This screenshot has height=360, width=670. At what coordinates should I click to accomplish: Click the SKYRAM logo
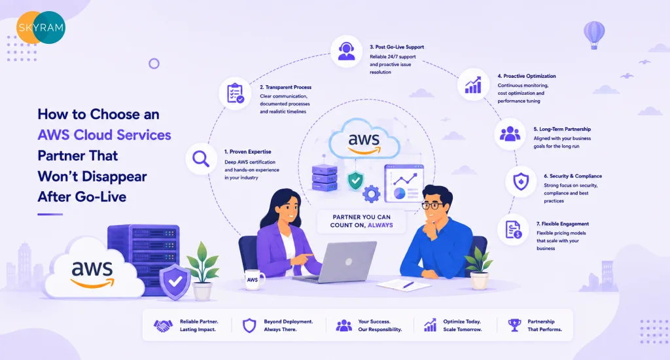coord(41,27)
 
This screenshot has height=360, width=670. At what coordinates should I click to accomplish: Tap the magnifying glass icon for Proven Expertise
coord(201,158)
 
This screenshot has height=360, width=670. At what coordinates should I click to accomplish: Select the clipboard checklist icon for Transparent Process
coord(235,93)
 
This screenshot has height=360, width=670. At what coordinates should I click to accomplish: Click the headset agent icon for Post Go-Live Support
coord(346,51)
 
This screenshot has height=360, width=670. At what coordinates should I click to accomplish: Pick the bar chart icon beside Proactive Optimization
coord(473,84)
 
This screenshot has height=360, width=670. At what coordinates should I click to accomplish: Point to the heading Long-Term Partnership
coord(562,129)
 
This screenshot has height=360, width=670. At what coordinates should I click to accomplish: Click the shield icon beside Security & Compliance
coord(520,182)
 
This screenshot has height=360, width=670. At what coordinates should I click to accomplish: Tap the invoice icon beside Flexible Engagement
coord(513,230)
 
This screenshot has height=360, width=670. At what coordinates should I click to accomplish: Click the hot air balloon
coord(594,35)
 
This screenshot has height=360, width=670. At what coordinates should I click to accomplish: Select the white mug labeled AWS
coord(254,279)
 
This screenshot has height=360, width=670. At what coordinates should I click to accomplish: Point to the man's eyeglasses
coord(432,206)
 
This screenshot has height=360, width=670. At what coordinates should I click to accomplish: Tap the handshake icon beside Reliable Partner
coord(163,326)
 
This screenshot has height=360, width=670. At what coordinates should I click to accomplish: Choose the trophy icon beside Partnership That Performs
coord(514,325)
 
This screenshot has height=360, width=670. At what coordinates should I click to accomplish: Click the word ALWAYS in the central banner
coord(380,225)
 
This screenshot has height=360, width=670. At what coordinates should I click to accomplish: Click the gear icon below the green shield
coord(372,194)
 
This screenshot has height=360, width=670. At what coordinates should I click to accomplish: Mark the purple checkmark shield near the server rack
coord(175,281)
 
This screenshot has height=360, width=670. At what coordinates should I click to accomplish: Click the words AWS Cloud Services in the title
coord(104,135)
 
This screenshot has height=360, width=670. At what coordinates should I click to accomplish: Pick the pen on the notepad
coord(408,285)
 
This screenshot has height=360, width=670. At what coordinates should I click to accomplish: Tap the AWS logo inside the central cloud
coord(364,143)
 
